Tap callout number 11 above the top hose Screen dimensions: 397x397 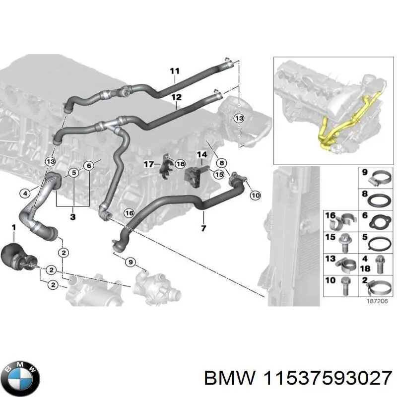(174, 71)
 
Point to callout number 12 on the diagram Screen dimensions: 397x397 (176, 97)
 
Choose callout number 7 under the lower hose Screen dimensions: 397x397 (203, 228)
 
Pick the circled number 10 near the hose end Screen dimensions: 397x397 (255, 196)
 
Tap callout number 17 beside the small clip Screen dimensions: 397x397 (148, 164)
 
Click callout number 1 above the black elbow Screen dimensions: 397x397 (14, 227)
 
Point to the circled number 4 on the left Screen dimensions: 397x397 (25, 193)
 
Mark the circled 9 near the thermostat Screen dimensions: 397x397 (131, 262)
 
